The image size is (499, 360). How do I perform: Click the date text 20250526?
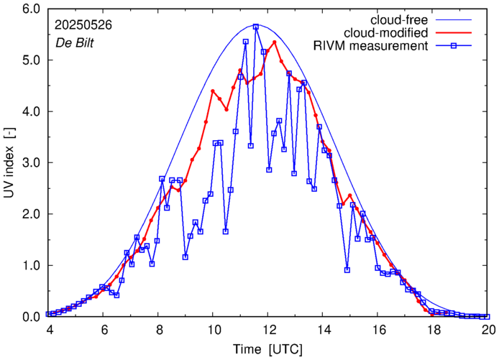pyautogui.click(x=82, y=24)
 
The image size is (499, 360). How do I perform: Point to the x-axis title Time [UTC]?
pyautogui.click(x=267, y=349)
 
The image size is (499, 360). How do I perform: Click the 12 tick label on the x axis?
pyautogui.click(x=268, y=330)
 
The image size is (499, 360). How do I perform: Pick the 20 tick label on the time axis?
pyautogui.click(x=488, y=330)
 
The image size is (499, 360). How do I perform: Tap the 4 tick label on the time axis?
pyautogui.click(x=48, y=330)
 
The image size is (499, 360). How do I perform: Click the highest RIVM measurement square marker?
pyautogui.click(x=256, y=27)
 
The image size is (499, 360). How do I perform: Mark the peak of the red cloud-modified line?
pyautogui.click(x=275, y=42)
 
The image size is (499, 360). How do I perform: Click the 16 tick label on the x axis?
pyautogui.click(x=378, y=330)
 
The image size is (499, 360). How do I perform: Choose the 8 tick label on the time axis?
pyautogui.click(x=158, y=330)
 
